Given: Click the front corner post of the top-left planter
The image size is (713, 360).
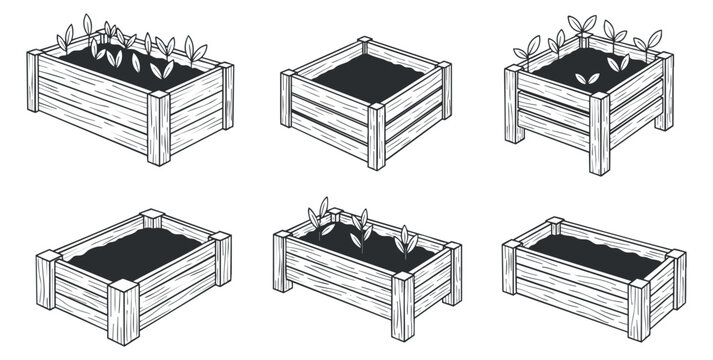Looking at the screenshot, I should click(x=160, y=128).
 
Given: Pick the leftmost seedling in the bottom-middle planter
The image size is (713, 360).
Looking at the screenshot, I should click(x=321, y=219).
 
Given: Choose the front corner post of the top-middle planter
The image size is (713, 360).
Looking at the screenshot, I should click(x=377, y=137).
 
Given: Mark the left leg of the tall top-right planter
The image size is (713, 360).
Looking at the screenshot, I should click(x=513, y=105).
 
